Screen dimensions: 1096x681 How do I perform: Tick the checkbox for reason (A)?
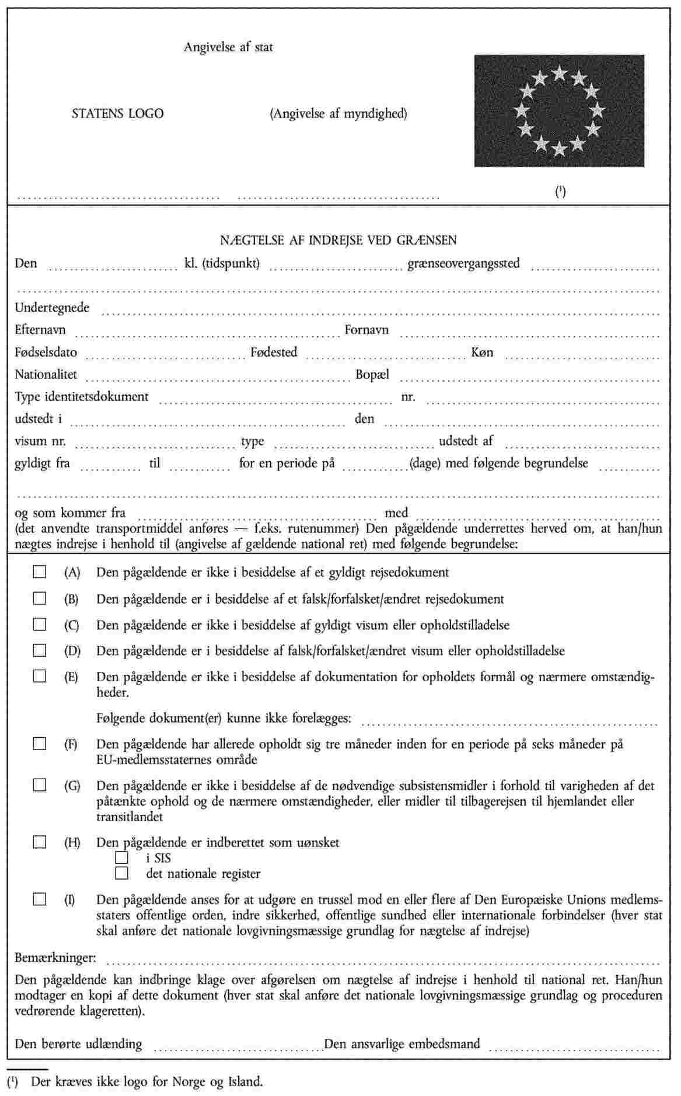tap(39, 572)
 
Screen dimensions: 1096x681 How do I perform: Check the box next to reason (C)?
tap(39, 624)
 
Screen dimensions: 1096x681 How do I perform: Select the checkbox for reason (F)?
tap(39, 744)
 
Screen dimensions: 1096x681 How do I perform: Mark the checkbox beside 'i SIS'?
tap(121, 857)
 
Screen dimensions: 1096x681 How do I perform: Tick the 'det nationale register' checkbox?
tap(121, 873)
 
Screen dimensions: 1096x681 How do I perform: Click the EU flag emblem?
tap(559, 111)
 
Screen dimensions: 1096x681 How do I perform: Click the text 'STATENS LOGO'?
tap(117, 114)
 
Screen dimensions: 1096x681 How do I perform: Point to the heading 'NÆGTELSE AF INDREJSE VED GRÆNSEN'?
tap(338, 240)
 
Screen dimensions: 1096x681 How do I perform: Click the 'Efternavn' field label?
tap(40, 330)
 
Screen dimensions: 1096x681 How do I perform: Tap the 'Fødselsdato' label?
tap(46, 352)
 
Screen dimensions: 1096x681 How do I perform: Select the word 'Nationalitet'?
tap(46, 374)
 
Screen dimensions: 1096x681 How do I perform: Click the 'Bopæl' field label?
tap(372, 374)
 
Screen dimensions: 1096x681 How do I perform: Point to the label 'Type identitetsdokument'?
tap(82, 397)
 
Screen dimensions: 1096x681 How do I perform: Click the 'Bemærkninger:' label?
tap(56, 957)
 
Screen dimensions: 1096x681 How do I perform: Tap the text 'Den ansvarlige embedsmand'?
tap(402, 1044)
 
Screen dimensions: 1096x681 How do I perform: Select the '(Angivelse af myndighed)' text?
tap(338, 114)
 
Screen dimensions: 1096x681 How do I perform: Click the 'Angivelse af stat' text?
tap(228, 47)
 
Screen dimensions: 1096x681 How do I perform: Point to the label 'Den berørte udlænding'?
tap(78, 1044)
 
